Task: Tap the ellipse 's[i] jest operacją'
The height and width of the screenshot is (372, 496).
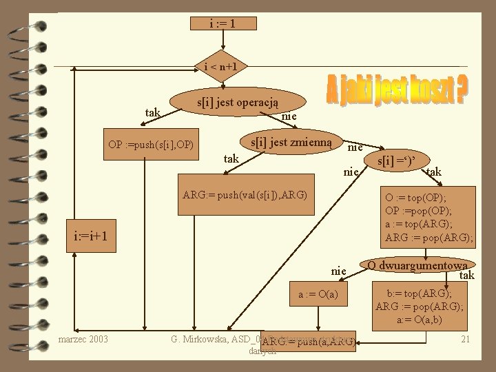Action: click(238, 102)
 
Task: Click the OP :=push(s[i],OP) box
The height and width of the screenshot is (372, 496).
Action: click(151, 145)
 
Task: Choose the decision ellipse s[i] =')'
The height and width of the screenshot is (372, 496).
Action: click(393, 160)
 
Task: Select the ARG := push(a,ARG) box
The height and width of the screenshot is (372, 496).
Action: click(308, 341)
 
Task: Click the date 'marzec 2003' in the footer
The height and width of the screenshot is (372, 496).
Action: click(83, 339)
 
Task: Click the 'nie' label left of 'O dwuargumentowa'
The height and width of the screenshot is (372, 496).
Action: click(338, 271)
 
